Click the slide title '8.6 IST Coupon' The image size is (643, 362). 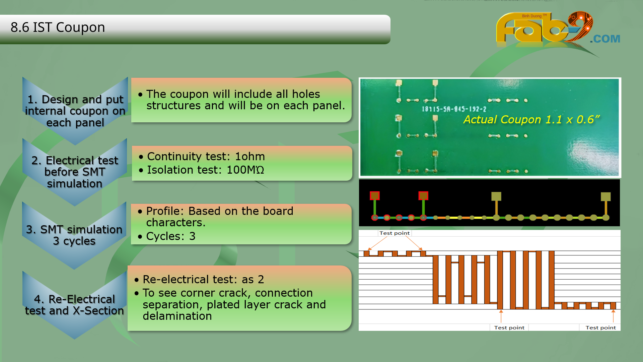tap(58, 27)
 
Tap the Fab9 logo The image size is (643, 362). tap(544, 28)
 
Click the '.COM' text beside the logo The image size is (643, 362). tap(605, 39)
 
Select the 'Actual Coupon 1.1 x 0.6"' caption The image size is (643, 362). tap(531, 120)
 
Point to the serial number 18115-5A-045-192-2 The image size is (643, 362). tap(454, 109)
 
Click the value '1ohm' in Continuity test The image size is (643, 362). tap(250, 157)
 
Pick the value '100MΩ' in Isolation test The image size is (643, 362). tap(245, 170)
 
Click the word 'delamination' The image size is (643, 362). tap(177, 316)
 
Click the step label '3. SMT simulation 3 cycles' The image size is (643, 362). tap(74, 235)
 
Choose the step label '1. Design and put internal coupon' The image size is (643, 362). tap(75, 111)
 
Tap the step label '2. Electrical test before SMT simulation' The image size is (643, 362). tap(75, 172)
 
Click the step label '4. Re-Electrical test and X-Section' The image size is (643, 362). tap(74, 305)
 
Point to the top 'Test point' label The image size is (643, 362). tap(395, 233)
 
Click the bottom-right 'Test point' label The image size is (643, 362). tap(600, 327)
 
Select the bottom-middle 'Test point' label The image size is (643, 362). tap(509, 327)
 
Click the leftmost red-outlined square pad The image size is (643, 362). tap(374, 196)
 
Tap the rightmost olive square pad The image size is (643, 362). tap(605, 196)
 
